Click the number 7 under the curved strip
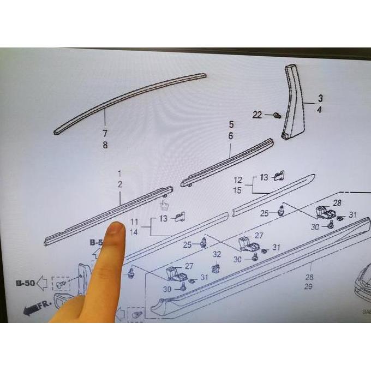click(104, 134)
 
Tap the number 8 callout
click(105, 145)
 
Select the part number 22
click(258, 115)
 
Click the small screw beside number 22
click(277, 115)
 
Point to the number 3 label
click(320, 98)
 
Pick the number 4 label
click(320, 110)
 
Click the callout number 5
click(230, 124)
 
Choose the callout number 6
click(230, 136)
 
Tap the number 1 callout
click(119, 173)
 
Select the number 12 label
click(238, 180)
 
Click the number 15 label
click(238, 190)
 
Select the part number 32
click(217, 254)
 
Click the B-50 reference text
click(25, 283)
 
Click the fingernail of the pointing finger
click(115, 229)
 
